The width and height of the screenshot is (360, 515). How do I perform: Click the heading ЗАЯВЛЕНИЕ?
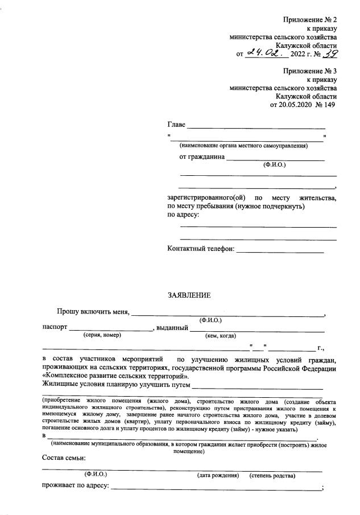pos(189,295)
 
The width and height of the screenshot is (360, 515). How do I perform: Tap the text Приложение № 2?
pos(310,20)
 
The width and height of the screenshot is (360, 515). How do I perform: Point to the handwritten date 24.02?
pos(264,53)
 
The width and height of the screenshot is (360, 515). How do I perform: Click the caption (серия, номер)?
pos(102,336)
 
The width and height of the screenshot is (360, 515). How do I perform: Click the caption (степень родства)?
pos(272,475)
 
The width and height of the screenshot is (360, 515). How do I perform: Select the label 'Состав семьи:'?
pos(64,459)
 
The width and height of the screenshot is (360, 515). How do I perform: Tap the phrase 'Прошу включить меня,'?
pos(93,312)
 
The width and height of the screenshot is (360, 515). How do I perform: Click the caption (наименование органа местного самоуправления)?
pos(243,146)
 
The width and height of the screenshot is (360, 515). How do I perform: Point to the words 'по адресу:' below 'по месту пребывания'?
pos(183,215)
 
